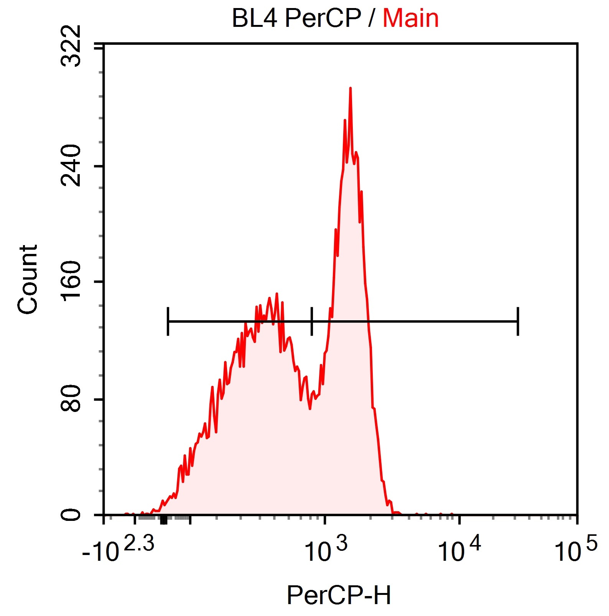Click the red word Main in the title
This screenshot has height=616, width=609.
coord(410,18)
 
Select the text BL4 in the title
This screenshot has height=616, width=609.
coord(254,18)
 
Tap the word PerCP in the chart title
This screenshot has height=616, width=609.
coord(323,18)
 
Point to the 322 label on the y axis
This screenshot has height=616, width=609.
coord(72,46)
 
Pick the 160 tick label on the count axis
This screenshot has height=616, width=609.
coord(72,281)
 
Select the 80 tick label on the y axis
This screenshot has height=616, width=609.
coord(72,399)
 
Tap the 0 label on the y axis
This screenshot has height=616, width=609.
coord(72,514)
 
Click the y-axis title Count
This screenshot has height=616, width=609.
coord(28,279)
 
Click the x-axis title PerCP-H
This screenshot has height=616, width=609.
coord(339,595)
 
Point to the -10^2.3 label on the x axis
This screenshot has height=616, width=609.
coord(118,549)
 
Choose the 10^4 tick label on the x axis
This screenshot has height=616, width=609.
coord(459,549)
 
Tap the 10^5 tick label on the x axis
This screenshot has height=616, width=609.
coord(576,549)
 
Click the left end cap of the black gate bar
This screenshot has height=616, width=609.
coord(168,321)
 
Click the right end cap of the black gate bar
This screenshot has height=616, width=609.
coord(518,321)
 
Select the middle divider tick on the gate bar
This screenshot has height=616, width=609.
coord(312,321)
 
